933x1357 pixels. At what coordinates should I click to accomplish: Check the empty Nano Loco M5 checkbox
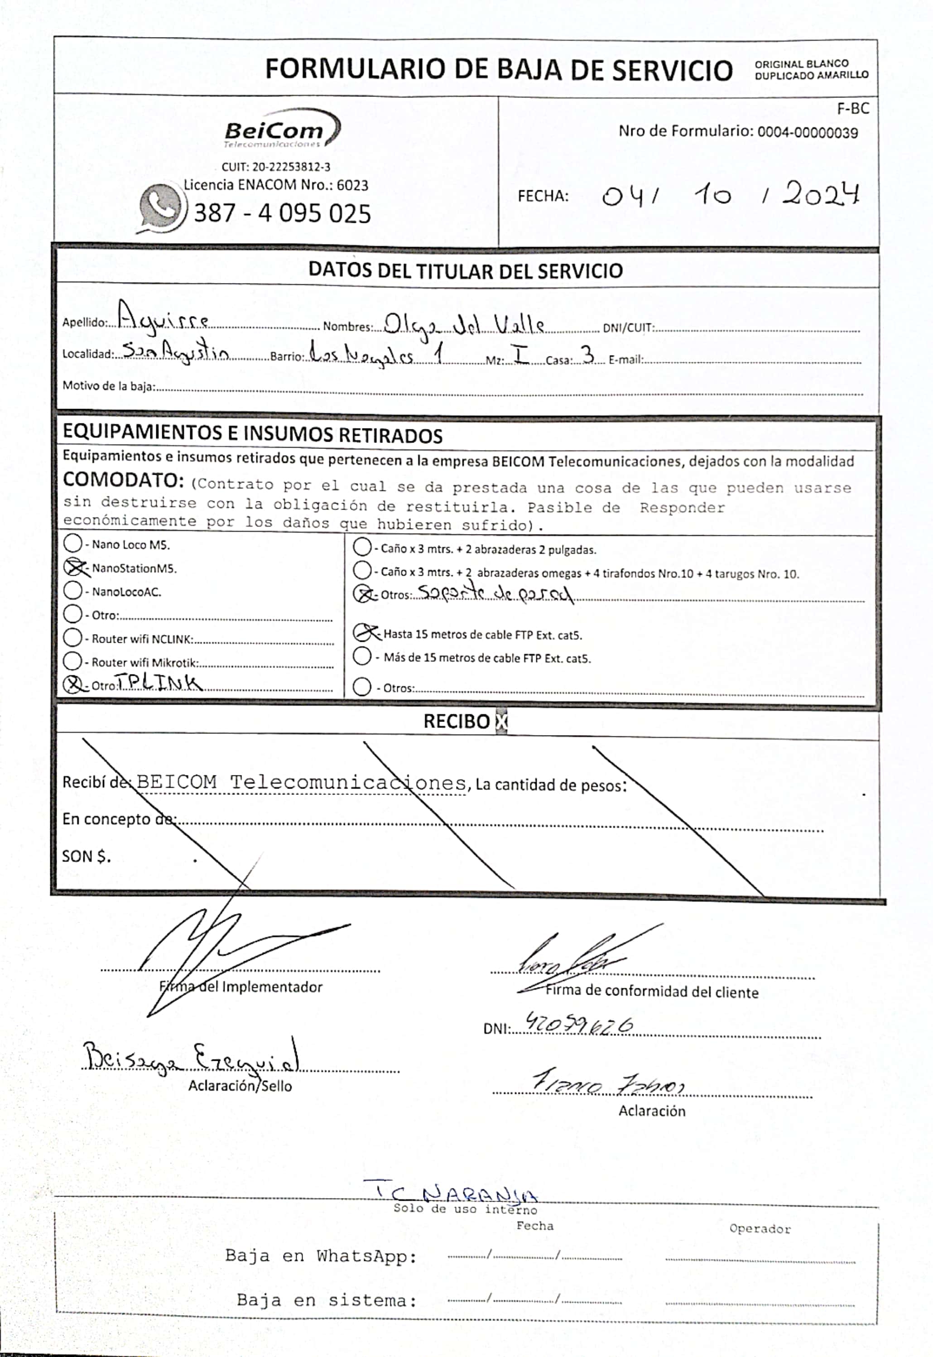(72, 543)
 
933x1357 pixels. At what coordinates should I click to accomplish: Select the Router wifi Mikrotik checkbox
(72, 661)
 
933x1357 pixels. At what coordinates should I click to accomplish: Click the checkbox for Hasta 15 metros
(363, 633)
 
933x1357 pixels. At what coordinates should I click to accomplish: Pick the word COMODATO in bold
(123, 480)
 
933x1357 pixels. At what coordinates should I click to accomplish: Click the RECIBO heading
(457, 722)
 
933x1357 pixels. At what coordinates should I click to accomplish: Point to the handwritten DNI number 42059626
(579, 1023)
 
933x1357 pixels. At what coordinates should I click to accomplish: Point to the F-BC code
(853, 109)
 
